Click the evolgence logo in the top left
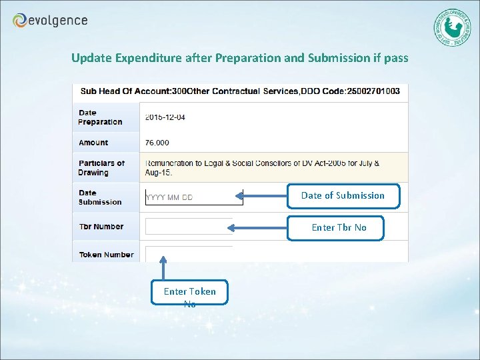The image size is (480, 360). (50, 21)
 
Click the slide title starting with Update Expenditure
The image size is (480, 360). (239, 58)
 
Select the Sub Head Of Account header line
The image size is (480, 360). (240, 91)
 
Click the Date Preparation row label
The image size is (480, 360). (100, 117)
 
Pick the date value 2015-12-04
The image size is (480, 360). (165, 117)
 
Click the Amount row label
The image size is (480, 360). (93, 143)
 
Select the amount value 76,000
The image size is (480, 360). (157, 143)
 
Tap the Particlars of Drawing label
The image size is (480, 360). (101, 168)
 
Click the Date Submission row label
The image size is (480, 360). (100, 197)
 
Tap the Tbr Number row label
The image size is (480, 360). (101, 227)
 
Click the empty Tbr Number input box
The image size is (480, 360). (188, 227)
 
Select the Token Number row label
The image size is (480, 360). (106, 255)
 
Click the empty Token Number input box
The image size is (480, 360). (188, 253)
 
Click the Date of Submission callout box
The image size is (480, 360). (343, 196)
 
